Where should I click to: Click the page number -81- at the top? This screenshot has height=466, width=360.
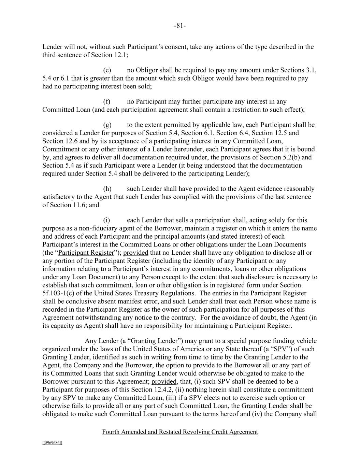pos(180,26)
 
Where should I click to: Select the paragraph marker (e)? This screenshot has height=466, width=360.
pos(107,70)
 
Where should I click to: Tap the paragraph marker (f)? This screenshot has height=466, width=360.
pos(107,102)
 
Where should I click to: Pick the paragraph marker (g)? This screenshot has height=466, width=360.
pos(107,125)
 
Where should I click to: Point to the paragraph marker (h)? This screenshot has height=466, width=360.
pos(107,189)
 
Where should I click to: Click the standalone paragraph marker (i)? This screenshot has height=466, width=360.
pos(106,220)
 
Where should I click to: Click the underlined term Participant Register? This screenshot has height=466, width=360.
pos(86,253)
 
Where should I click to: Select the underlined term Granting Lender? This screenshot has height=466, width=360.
pos(154,341)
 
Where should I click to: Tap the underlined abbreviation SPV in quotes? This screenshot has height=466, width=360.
pos(280,349)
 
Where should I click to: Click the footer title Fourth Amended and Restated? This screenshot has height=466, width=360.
pos(180,432)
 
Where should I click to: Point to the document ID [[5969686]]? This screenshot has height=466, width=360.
pos(52,443)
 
